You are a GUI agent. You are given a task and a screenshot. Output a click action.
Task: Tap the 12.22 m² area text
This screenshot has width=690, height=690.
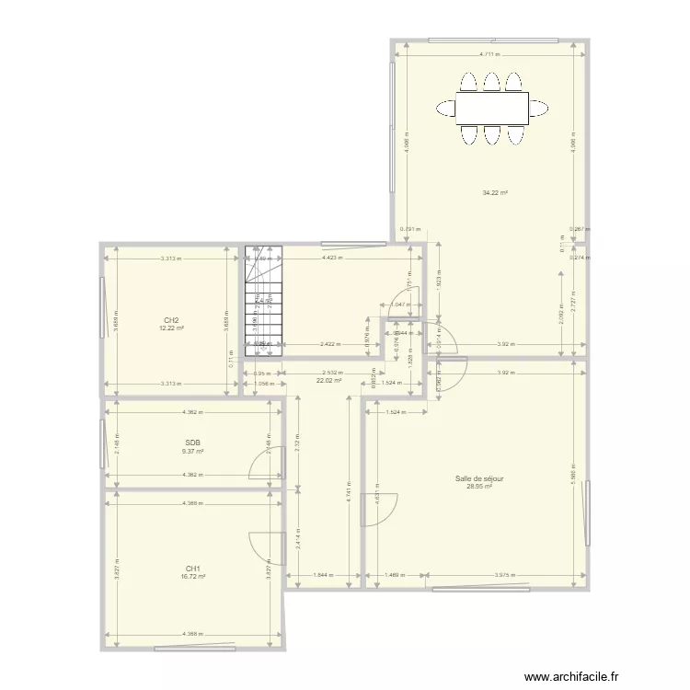click(167, 328)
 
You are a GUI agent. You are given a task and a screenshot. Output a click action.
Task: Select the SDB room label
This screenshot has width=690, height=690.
click(192, 443)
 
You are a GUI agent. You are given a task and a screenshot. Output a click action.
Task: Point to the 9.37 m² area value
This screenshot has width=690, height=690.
click(192, 451)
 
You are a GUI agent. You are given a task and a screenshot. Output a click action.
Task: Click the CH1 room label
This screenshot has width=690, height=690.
click(192, 569)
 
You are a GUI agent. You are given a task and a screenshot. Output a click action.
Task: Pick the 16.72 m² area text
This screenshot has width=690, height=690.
click(192, 576)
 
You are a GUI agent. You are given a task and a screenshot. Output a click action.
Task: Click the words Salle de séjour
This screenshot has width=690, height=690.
click(478, 478)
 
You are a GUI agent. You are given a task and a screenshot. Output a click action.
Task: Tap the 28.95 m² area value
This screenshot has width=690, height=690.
click(478, 486)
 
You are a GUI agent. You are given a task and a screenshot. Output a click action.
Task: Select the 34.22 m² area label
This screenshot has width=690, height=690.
click(495, 193)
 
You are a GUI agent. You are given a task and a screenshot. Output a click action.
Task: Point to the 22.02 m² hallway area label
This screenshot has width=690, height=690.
click(328, 380)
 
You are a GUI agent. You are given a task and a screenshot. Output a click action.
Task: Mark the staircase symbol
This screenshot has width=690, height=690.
click(263, 299)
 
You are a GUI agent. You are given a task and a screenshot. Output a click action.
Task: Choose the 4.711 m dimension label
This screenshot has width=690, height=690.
click(489, 54)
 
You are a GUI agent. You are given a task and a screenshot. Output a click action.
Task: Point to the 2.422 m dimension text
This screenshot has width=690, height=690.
click(331, 345)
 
